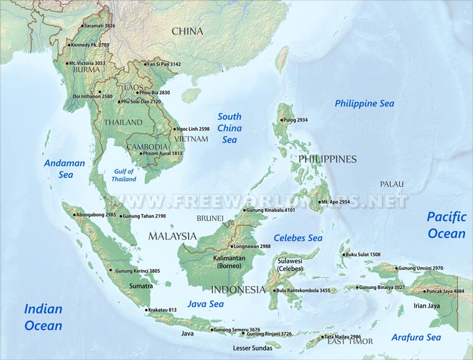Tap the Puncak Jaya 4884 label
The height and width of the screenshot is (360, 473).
tap(446, 291)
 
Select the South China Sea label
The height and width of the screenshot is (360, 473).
tap(230, 128)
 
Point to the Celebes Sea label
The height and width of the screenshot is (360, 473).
tap(298, 238)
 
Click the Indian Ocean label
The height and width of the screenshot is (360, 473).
tap(43, 317)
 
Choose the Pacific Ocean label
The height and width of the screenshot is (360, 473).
tap(446, 225)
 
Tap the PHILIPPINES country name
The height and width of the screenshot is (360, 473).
tap(327, 159)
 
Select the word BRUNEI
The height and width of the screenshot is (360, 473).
tap(210, 219)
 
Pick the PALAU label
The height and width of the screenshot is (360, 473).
tap(392, 184)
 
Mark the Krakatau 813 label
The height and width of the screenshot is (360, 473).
tap(164, 310)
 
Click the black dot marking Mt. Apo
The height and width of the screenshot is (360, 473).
tap(319, 202)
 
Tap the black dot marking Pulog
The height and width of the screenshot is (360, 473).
tap(281, 120)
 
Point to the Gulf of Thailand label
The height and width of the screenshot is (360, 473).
tap(123, 175)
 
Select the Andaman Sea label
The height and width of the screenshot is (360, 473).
tap(64, 169)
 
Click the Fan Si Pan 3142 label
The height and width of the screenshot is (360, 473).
tap(164, 64)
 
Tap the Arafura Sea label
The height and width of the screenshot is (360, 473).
tap(416, 338)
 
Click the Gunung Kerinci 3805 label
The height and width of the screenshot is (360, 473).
tap(137, 271)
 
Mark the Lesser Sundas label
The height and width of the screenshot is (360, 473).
tap(253, 348)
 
